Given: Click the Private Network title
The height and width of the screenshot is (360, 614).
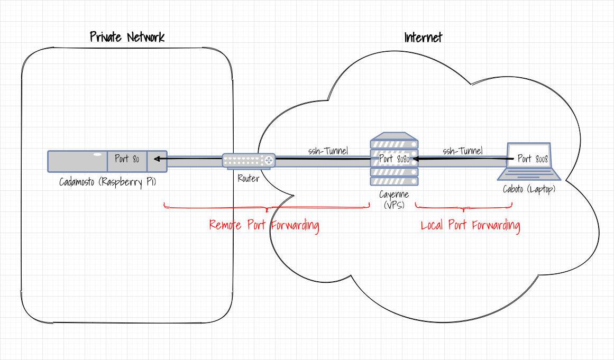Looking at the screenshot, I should point(127,37).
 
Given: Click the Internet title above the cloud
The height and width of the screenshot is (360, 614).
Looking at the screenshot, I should point(423,38).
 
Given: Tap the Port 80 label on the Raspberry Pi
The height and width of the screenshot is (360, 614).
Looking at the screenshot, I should point(127,159).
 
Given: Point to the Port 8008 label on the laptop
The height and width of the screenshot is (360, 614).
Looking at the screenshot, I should point(533,159).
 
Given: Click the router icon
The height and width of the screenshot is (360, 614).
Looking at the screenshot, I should point(249,160).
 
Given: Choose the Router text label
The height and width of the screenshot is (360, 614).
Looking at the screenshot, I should point(249,179).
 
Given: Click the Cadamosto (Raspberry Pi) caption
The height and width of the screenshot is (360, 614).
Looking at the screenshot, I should point(108,182).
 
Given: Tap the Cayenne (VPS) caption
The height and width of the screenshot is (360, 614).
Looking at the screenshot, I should point(394,200).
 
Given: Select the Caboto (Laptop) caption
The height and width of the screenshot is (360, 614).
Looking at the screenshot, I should point(529,189).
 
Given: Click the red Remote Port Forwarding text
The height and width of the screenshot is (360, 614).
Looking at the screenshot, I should point(264,225).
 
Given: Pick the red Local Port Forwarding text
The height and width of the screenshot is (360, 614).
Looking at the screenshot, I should point(470,226).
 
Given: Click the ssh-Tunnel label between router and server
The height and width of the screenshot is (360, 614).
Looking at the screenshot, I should point(328,151).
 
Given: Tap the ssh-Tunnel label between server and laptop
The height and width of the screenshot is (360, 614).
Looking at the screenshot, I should point(463,151).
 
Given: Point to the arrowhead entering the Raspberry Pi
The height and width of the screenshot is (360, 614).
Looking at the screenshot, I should point(157,158).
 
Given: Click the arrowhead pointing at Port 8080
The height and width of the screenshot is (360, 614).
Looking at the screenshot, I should point(416,158).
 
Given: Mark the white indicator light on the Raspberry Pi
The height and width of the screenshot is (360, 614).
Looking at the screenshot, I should point(97,154).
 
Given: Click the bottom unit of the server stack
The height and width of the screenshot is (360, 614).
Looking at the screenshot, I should point(394,181).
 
